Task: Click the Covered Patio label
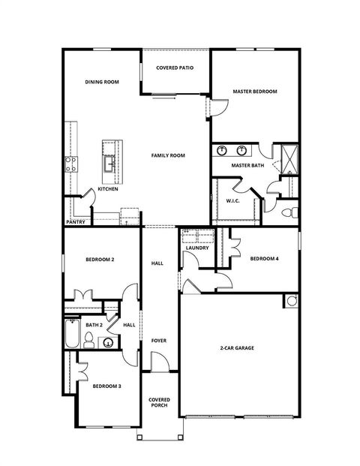point(175,68)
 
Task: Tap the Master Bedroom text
point(254,92)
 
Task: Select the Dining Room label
point(101,82)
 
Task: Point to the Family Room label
point(168,155)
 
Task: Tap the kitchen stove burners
point(72,164)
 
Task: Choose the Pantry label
point(75,222)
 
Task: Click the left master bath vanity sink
point(223,151)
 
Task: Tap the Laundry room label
point(197,248)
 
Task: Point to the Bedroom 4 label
point(264,259)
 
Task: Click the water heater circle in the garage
point(291,301)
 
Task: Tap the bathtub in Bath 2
point(72,334)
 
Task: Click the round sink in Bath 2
point(108,344)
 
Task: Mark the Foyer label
point(158,341)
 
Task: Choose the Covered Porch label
point(158,402)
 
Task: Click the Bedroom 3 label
point(106,386)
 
